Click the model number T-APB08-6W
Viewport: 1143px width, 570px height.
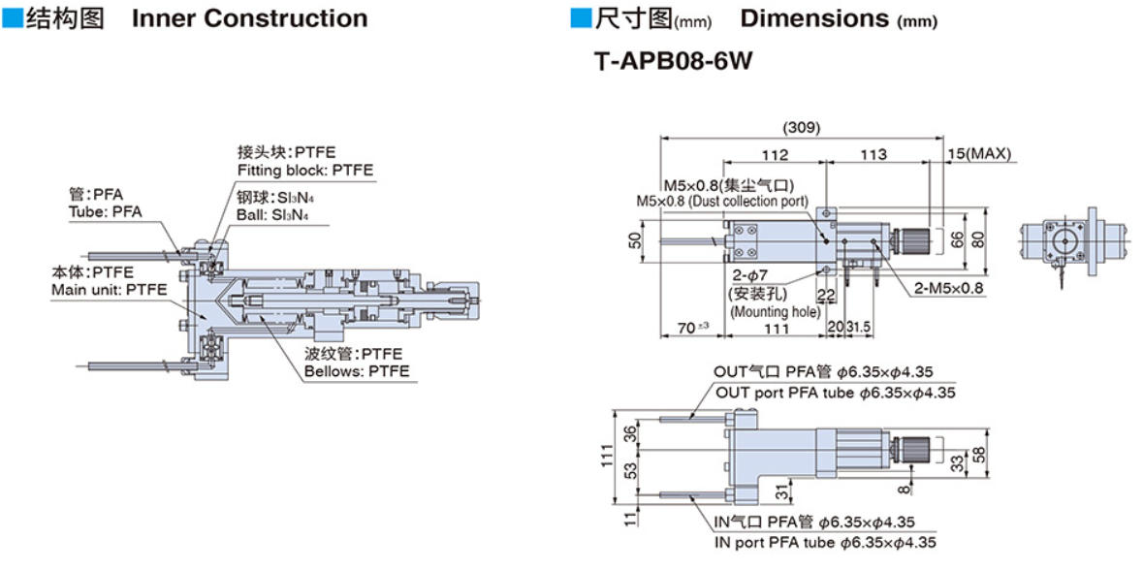674,61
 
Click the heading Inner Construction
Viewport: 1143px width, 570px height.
249,18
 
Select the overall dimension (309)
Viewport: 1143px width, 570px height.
802,127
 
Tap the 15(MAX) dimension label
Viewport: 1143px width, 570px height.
980,153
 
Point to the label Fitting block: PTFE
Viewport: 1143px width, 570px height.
304,171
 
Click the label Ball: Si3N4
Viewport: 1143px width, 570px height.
276,214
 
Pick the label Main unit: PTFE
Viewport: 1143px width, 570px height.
109,289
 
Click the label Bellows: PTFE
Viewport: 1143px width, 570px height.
357,371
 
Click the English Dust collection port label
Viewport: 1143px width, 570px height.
721,201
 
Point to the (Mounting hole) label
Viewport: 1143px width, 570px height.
775,312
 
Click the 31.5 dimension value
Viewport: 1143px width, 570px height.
859,328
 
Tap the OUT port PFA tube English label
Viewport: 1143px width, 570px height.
835,393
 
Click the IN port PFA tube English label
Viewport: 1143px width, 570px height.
825,543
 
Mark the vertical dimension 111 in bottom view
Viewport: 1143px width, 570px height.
607,455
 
